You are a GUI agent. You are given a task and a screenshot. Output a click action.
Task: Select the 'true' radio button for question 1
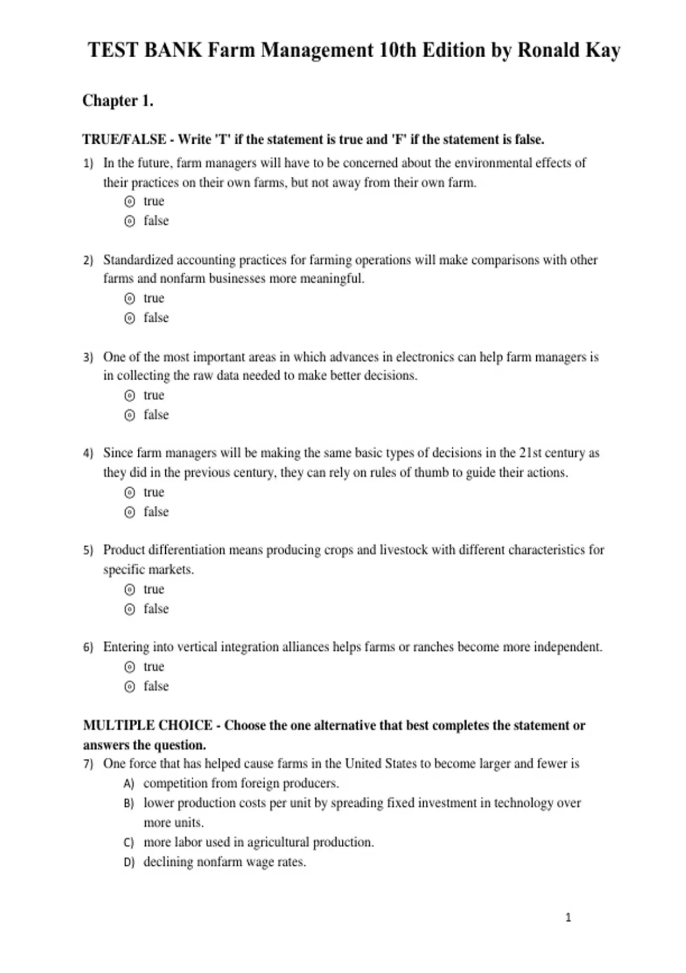click(130, 201)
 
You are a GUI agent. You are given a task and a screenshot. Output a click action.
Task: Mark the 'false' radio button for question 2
click(130, 318)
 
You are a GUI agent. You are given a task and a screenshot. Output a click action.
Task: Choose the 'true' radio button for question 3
click(130, 395)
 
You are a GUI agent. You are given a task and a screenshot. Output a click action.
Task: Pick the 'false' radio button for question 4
click(130, 512)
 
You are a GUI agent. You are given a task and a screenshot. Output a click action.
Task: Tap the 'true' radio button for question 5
click(130, 590)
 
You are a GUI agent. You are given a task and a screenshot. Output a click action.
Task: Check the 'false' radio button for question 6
click(130, 686)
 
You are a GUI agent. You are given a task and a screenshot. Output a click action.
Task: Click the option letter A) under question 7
click(129, 784)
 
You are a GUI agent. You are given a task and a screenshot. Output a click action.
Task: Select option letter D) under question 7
click(129, 862)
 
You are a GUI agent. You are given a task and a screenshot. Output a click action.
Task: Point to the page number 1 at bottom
click(568, 917)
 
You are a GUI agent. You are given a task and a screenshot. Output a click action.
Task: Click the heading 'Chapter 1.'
click(118, 101)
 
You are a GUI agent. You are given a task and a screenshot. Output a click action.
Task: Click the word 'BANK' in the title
click(173, 50)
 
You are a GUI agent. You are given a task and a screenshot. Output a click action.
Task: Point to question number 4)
click(88, 453)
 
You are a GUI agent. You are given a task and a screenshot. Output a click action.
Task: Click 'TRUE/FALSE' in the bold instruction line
click(124, 140)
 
